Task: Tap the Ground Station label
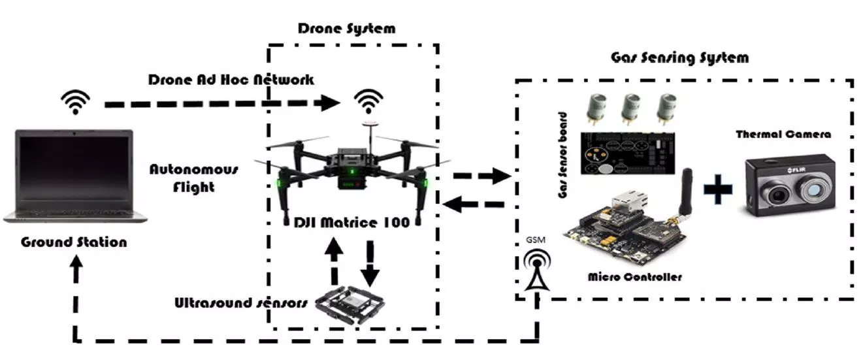(x=74, y=242)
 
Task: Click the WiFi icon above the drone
(x=368, y=101)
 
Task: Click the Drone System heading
(x=346, y=28)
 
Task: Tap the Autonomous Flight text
(x=194, y=178)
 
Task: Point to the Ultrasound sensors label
(x=240, y=303)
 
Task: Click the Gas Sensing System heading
(x=679, y=57)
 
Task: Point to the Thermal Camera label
(x=783, y=135)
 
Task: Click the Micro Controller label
(x=634, y=277)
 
